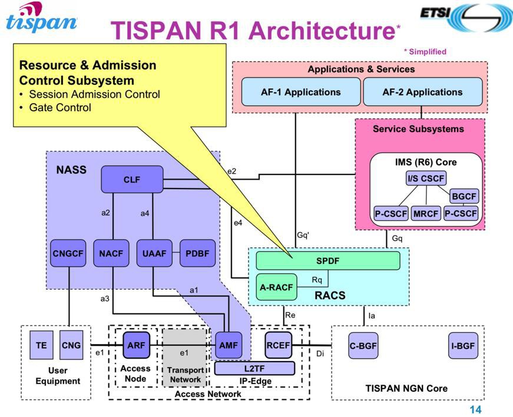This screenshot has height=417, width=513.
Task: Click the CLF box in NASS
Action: [x=132, y=179]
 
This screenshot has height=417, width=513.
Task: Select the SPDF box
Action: [x=328, y=261]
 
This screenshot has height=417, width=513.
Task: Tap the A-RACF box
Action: [x=276, y=287]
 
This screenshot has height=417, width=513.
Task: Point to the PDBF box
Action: [x=198, y=253]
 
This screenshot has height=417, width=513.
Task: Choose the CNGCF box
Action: [x=68, y=253]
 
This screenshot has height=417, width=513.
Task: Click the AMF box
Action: [x=229, y=345]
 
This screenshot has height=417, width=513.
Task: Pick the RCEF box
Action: [x=279, y=345]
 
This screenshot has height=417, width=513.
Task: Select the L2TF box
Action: [x=254, y=369]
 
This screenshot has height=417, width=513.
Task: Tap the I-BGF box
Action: [x=463, y=346]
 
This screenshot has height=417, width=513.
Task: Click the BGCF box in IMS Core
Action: [x=464, y=196]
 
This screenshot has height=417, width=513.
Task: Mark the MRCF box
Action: [x=426, y=214]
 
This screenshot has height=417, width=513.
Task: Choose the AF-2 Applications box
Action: [x=423, y=92]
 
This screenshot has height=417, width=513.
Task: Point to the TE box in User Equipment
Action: [x=41, y=345]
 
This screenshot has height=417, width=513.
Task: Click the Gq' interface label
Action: [x=303, y=235]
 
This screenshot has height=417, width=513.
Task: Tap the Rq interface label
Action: [x=317, y=280]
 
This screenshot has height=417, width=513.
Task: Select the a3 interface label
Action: [x=105, y=299]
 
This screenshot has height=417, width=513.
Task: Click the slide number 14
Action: [x=475, y=409]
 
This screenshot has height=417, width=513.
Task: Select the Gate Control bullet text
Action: [x=60, y=108]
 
